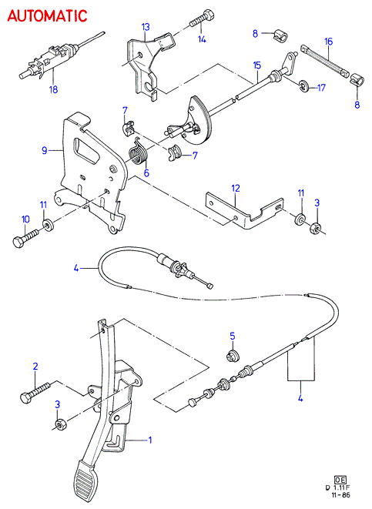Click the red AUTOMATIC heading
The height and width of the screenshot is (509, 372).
pyautogui.click(x=47, y=16)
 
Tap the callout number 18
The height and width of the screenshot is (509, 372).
pyautogui.click(x=54, y=89)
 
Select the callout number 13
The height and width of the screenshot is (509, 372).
pyautogui.click(x=146, y=27)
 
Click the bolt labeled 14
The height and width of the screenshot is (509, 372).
pyautogui.click(x=201, y=19)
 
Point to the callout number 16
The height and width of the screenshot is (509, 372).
pyautogui.click(x=329, y=42)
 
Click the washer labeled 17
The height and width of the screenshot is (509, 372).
pyautogui.click(x=303, y=85)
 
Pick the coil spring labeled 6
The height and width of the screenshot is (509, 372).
pyautogui.click(x=139, y=152)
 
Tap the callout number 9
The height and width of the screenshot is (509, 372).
pyautogui.click(x=45, y=150)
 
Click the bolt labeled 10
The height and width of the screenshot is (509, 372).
pyautogui.click(x=26, y=236)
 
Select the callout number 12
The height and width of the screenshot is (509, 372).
pyautogui.click(x=236, y=188)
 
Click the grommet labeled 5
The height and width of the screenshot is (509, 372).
pyautogui.click(x=233, y=356)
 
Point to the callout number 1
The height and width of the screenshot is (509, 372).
pyautogui.click(x=150, y=440)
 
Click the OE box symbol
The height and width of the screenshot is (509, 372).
pyautogui.click(x=340, y=480)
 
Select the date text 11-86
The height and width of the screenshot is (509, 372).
pyautogui.click(x=340, y=495)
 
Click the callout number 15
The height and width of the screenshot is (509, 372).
pyautogui.click(x=257, y=65)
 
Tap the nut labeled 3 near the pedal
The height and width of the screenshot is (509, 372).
pyautogui.click(x=60, y=424)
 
